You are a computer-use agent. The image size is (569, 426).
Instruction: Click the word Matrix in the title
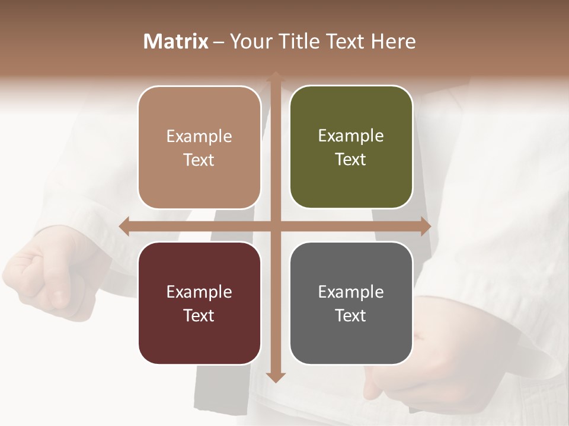coord(176,41)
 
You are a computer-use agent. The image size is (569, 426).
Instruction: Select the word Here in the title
coord(394,41)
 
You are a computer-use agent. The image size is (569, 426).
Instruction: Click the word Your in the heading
coord(250,41)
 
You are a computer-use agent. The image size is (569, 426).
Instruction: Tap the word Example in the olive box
coord(351,136)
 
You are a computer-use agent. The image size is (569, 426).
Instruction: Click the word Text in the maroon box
coord(199,315)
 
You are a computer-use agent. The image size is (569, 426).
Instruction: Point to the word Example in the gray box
coord(351,292)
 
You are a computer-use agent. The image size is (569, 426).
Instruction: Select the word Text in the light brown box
coord(199,160)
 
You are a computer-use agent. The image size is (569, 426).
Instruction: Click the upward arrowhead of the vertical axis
coord(275,76)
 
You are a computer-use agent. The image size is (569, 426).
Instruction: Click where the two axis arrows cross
coord(275,227)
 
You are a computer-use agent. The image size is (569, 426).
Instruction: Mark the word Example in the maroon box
coord(199,292)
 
